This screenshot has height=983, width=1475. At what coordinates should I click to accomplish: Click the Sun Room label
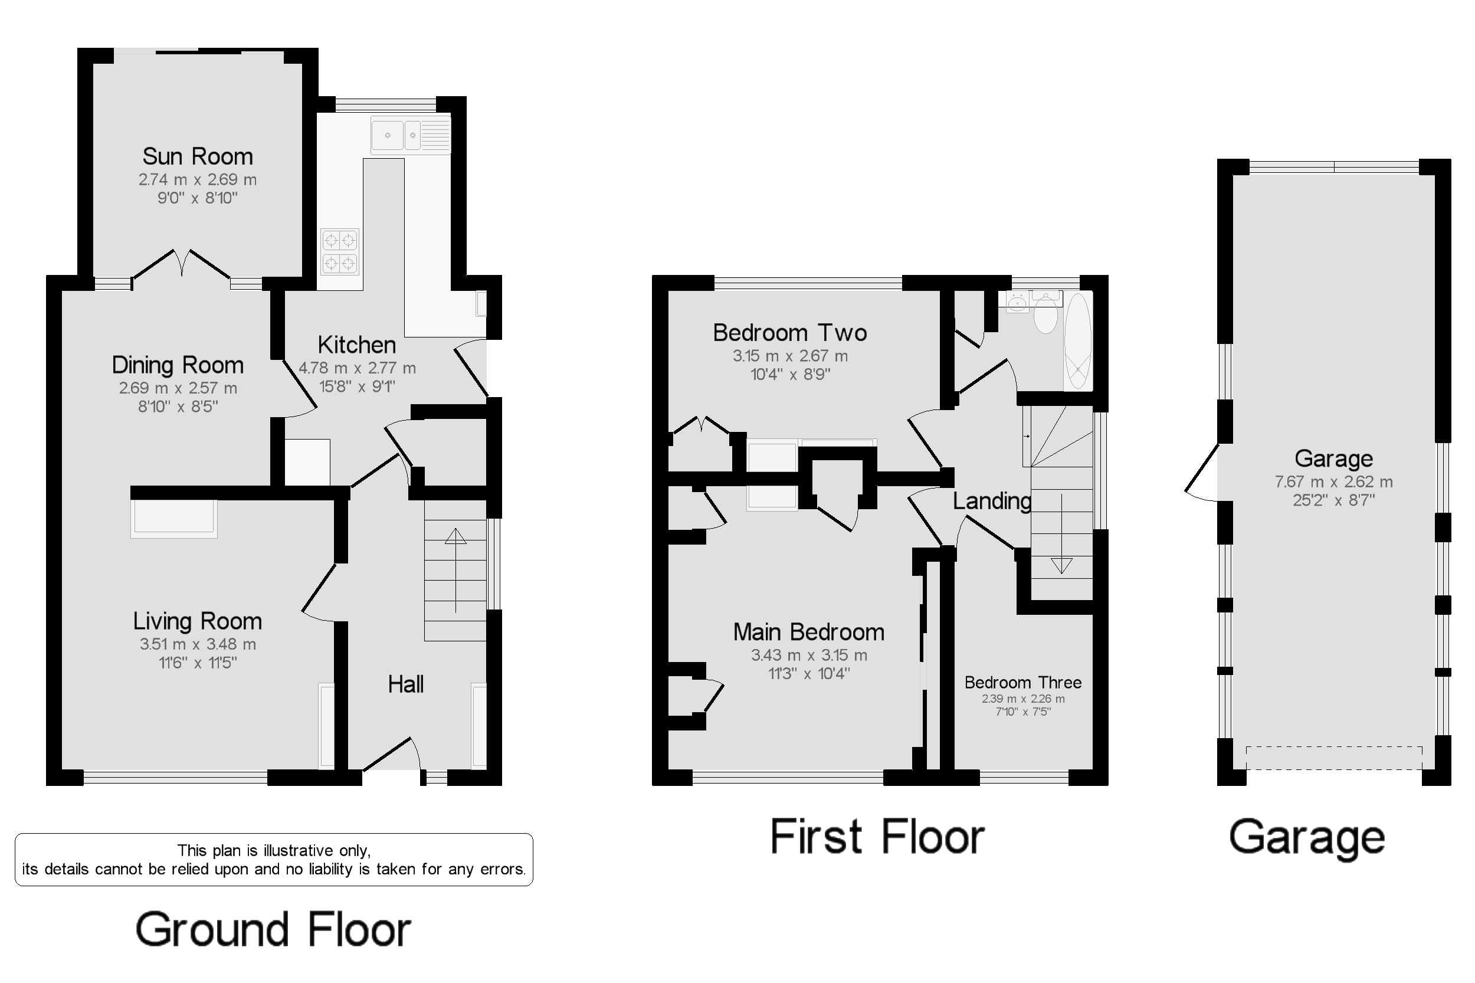(x=198, y=156)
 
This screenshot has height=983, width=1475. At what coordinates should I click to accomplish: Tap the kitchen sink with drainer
(x=411, y=135)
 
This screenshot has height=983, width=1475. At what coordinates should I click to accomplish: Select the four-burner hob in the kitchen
(x=340, y=251)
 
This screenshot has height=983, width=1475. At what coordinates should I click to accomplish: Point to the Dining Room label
(x=178, y=365)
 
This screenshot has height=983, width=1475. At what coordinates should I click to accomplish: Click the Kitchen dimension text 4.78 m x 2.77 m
(x=357, y=368)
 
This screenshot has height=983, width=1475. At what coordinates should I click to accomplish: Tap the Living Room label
(x=198, y=621)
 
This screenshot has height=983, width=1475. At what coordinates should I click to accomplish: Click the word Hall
(x=405, y=684)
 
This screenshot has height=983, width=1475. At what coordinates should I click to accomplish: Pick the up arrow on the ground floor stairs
(x=455, y=570)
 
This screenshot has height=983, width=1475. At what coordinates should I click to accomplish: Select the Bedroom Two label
(x=790, y=332)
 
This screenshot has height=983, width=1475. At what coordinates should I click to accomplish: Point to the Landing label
(x=992, y=500)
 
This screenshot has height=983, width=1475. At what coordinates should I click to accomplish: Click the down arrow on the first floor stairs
(x=1061, y=533)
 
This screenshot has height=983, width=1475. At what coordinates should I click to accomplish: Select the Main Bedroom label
(x=809, y=632)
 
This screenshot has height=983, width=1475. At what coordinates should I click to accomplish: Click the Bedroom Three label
(x=1023, y=682)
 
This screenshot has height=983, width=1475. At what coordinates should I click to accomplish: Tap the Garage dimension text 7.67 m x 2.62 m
(x=1333, y=481)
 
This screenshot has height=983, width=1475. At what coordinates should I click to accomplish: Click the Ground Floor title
(x=273, y=929)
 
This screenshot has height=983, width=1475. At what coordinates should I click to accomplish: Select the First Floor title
(x=877, y=836)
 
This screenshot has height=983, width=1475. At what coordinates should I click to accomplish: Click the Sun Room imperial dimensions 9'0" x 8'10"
(x=198, y=198)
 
